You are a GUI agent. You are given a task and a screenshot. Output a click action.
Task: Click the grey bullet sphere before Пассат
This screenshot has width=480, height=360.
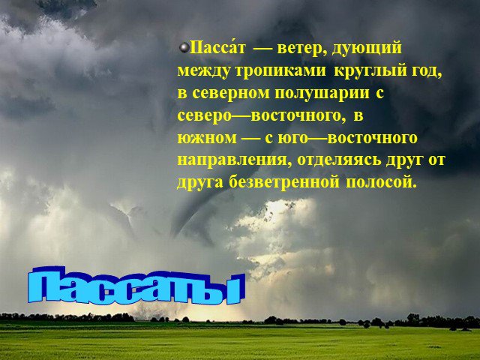[x=184, y=47]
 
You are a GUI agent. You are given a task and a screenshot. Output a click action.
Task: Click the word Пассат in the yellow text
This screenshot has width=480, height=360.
[x=217, y=48]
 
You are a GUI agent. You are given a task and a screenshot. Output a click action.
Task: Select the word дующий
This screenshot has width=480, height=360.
[x=367, y=49]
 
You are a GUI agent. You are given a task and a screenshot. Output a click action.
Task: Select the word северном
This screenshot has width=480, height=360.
[x=231, y=93]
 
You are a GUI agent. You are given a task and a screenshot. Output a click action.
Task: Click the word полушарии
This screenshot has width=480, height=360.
[x=322, y=94]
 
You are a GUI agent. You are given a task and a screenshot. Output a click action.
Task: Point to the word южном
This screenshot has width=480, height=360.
[x=207, y=138]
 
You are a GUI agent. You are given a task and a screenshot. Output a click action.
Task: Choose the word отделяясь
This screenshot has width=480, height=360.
[x=339, y=160]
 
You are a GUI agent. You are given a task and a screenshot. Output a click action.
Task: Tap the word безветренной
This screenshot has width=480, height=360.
[x=284, y=182]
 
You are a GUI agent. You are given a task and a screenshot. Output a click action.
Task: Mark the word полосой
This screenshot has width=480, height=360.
[x=382, y=182]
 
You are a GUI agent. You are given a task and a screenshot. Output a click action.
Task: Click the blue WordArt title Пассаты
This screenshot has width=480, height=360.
[x=136, y=286]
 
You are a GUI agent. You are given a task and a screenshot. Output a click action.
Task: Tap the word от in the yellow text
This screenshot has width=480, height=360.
[x=436, y=160]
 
